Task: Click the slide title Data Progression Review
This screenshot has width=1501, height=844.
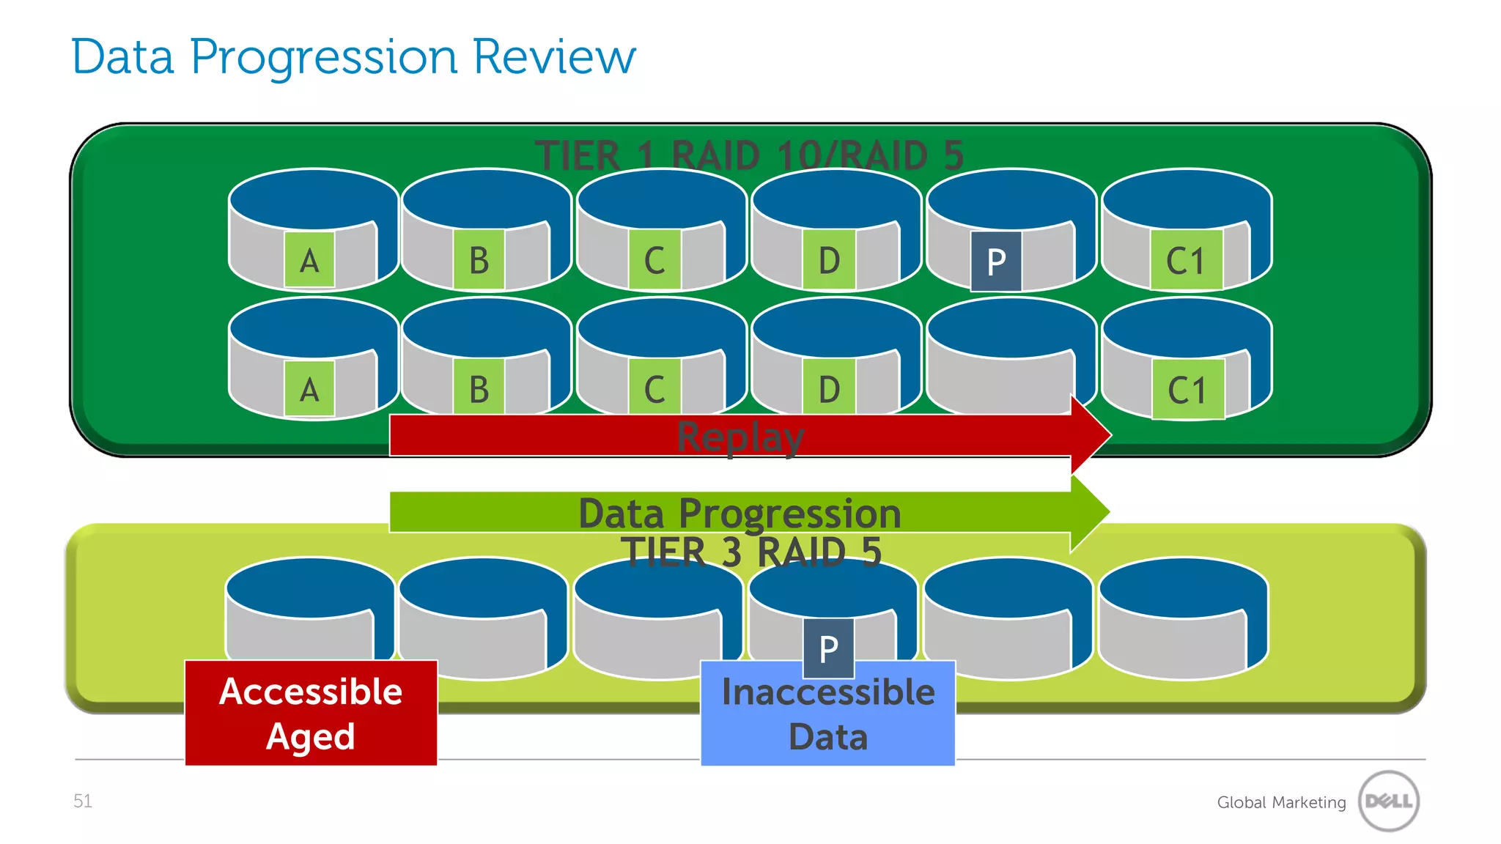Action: coord(353,57)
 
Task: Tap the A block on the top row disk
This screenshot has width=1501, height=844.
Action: coord(309,260)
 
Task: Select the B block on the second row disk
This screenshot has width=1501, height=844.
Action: coord(479,389)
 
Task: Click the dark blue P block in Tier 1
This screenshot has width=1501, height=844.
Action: coord(996,262)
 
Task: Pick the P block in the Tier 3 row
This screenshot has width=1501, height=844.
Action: coord(828,648)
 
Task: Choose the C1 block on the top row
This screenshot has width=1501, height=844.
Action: coord(1186,260)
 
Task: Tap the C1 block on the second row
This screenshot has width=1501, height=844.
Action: coord(1187,390)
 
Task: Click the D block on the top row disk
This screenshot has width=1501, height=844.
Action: coord(829,260)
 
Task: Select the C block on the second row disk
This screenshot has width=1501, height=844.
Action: coord(654,389)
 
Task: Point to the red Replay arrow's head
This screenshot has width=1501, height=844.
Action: coord(1091,435)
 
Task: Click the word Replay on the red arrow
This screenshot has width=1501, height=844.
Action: coord(740,437)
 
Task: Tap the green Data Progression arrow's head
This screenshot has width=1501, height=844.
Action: coord(1089,512)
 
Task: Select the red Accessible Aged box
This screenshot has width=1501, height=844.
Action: coord(311,713)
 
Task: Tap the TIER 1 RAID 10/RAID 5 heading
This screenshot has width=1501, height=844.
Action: coord(749,156)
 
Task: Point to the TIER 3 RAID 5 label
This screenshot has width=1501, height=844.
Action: coord(750,552)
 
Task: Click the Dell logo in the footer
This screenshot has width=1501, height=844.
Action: coord(1388,801)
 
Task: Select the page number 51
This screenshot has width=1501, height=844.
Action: coord(83,801)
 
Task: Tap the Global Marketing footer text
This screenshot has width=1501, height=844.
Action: coord(1281,802)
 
